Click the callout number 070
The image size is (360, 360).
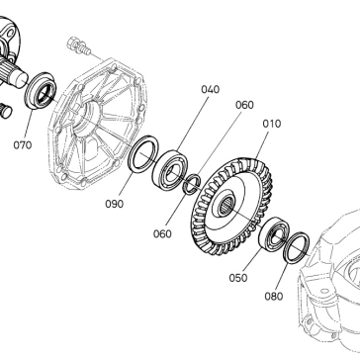pyautogui.click(x=23, y=145)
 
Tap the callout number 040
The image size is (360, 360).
pyautogui.click(x=210, y=89)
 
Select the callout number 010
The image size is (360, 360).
pyautogui.click(x=272, y=124)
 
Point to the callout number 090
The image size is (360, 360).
pyautogui.click(x=115, y=204)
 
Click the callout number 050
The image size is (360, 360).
pyautogui.click(x=238, y=278)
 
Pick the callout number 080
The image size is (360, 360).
pyautogui.click(x=274, y=297)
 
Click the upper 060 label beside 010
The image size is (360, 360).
pyautogui.click(x=244, y=105)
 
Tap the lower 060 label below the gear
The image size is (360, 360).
pyautogui.click(x=162, y=233)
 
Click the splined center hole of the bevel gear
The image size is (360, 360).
pyautogui.click(x=226, y=207)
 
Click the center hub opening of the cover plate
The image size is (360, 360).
pyautogui.click(x=85, y=120)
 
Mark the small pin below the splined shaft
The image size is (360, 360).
pyautogui.click(x=6, y=110)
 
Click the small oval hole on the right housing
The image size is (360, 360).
pyautogui.click(x=325, y=291)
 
